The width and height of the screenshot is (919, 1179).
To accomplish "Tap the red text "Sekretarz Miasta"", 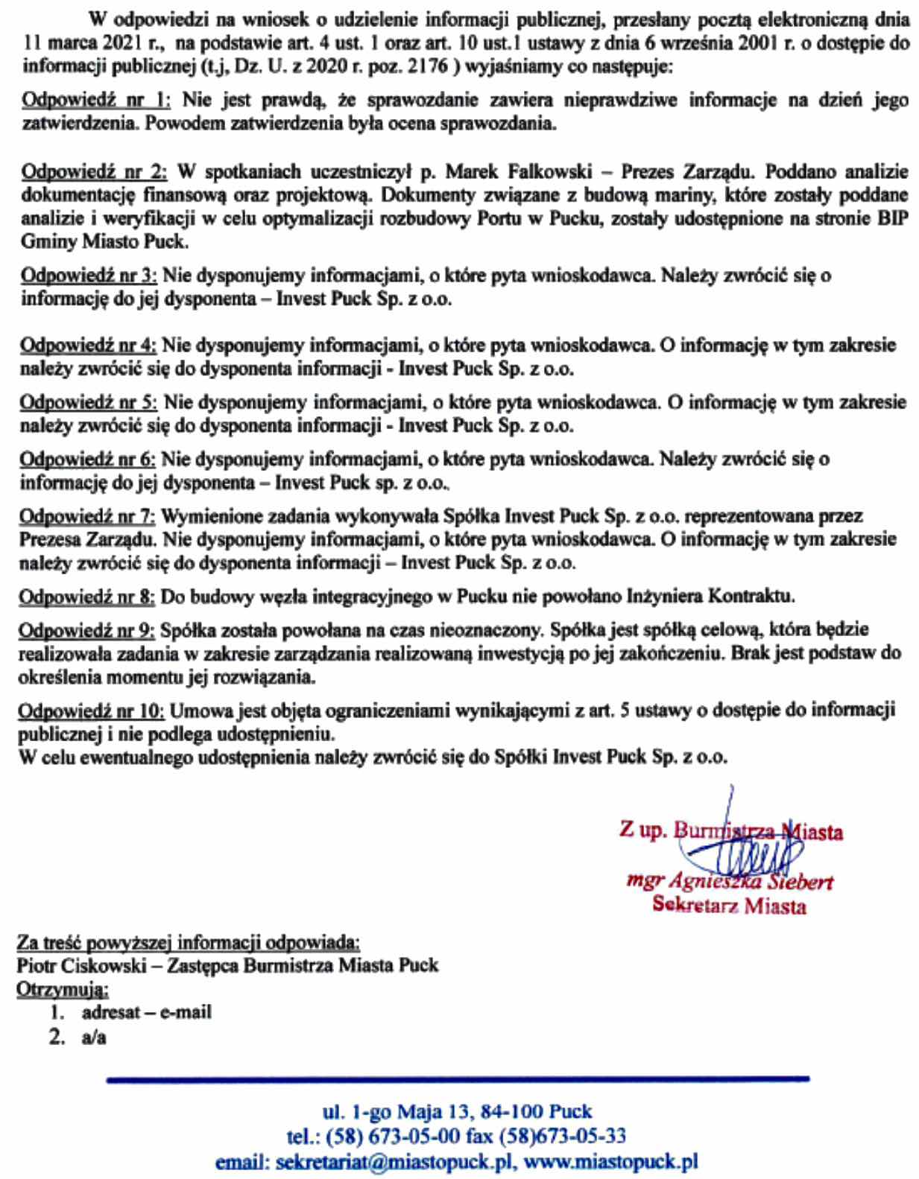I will click(729, 906).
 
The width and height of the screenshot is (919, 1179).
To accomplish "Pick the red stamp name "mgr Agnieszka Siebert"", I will click(729, 883).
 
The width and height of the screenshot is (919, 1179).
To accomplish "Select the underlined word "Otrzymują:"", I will click(63, 990).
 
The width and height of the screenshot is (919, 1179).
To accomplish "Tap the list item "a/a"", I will click(94, 1037).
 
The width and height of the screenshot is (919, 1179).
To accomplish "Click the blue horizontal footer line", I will click(458, 1078).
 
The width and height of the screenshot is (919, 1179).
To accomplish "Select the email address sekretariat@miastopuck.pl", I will click(393, 1162).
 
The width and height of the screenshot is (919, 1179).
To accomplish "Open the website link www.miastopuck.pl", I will click(611, 1162).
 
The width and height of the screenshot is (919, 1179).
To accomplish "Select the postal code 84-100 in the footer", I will click(515, 1113).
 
